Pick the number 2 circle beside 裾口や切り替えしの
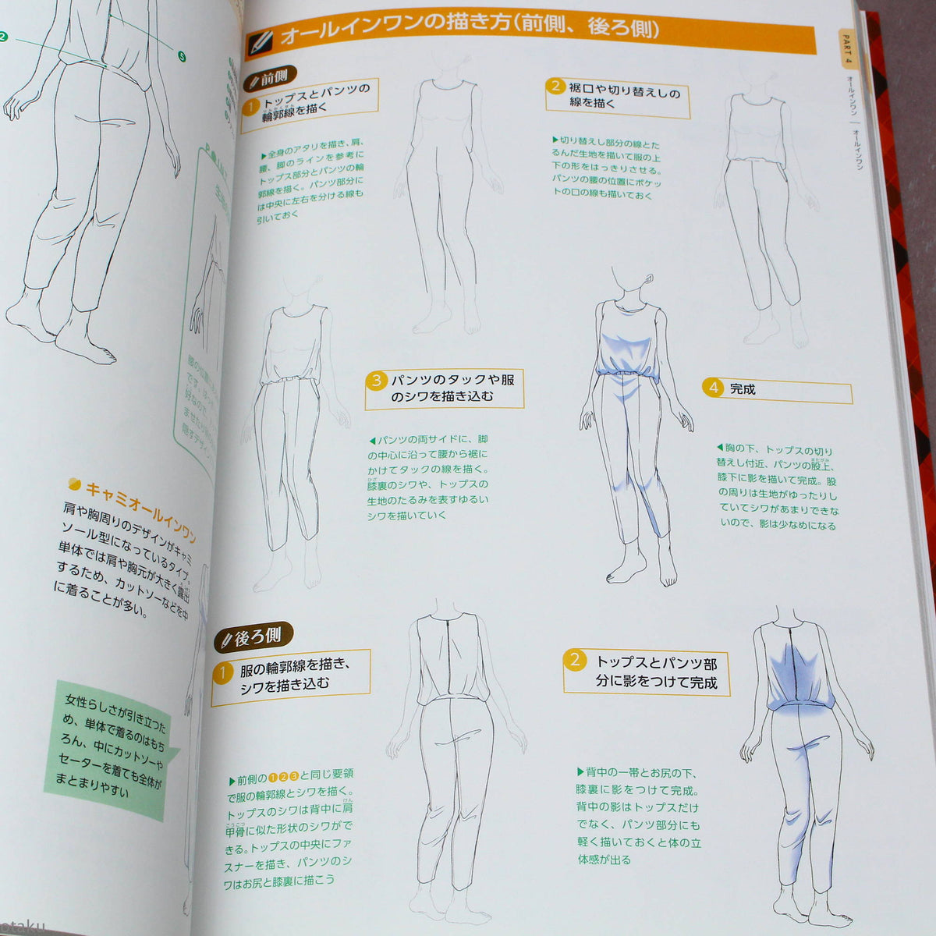pyautogui.click(x=555, y=86)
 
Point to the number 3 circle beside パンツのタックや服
pyautogui.click(x=377, y=381)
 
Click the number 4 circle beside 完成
pyautogui.click(x=713, y=387)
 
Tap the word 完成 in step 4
pyautogui.click(x=743, y=388)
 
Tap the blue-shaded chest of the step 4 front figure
pyautogui.click(x=629, y=343)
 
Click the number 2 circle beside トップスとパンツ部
pyautogui.click(x=575, y=660)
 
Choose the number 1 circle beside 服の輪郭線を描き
pyautogui.click(x=222, y=672)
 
